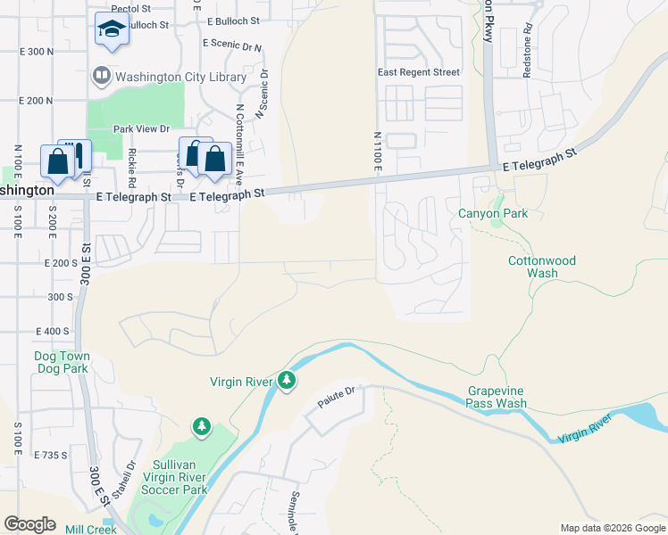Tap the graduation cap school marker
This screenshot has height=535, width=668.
point(113,30)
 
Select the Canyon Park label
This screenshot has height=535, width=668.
point(493,214)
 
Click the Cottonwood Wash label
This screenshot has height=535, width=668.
point(542,267)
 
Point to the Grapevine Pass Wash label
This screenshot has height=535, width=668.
point(497,398)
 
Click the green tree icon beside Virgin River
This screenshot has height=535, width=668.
point(286,381)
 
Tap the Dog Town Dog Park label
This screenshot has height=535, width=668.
point(62,362)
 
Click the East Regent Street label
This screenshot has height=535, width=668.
point(418,72)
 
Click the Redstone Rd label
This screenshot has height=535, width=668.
point(528,56)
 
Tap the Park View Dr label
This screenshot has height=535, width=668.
point(141,129)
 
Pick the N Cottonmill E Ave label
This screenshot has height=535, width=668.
point(240,137)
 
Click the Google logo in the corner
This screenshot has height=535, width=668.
point(29,523)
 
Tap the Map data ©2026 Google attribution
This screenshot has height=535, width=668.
point(613,528)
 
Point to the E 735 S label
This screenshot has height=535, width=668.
point(51,455)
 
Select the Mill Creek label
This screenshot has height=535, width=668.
point(91,530)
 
